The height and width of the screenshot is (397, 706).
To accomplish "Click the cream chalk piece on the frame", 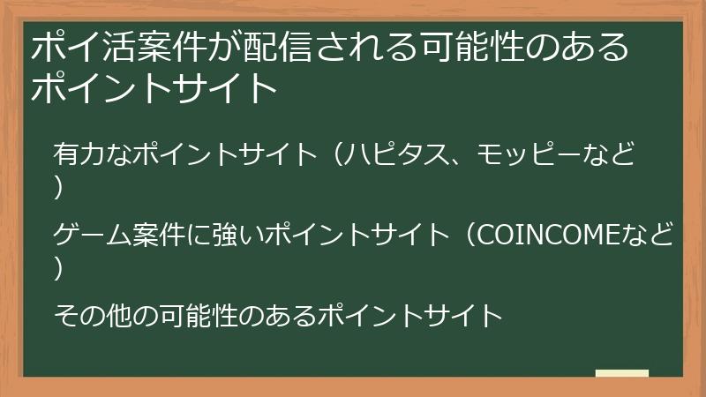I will tap(621, 374).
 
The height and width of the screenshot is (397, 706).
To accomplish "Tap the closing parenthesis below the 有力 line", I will tap(58, 188).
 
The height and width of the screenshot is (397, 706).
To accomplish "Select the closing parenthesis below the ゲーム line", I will tap(58, 267).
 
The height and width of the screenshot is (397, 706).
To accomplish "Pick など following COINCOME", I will tap(650, 236).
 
